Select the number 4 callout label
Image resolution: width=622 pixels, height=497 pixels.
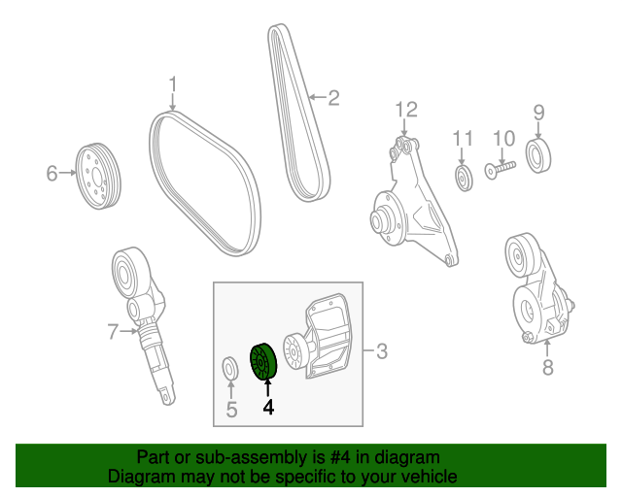(268, 409)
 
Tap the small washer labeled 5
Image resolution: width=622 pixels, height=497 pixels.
(230, 369)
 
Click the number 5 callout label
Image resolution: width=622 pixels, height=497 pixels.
(231, 410)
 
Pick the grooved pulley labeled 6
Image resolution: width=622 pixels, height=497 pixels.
(98, 176)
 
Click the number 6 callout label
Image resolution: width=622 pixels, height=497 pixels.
(52, 174)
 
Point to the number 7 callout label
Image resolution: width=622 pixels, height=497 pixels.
(114, 333)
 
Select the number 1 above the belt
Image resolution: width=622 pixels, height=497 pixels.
(173, 84)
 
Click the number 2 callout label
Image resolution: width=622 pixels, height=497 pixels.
(332, 97)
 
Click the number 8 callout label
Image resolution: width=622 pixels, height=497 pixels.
(547, 367)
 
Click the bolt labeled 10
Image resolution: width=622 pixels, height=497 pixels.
(500, 171)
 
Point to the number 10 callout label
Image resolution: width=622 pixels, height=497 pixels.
(502, 139)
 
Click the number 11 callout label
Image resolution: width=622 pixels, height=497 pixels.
(462, 139)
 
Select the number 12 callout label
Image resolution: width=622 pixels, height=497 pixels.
(405, 109)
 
